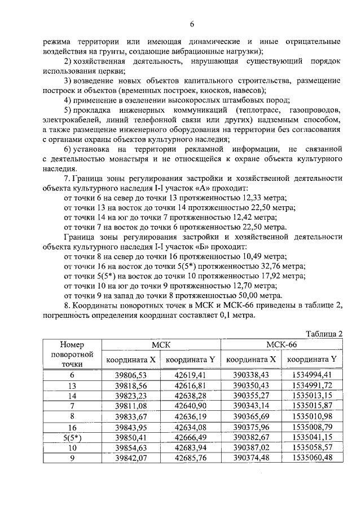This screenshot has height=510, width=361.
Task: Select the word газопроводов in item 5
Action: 314,110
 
